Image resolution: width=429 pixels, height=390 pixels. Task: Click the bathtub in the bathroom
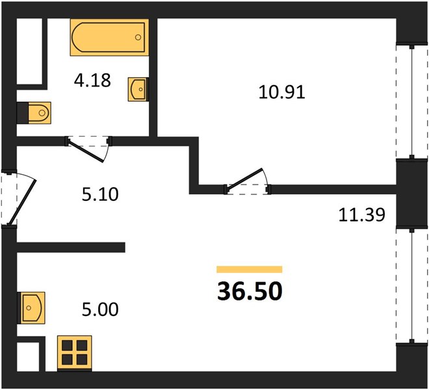[109, 37]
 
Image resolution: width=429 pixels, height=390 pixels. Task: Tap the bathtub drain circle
[138, 37]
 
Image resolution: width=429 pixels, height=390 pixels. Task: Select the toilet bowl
[40, 112]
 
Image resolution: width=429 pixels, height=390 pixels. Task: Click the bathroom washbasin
[138, 89]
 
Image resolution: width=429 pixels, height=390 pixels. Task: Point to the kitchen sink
[31, 308]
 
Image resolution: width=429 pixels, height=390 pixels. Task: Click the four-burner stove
[74, 354]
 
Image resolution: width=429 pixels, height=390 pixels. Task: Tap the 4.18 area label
[92, 80]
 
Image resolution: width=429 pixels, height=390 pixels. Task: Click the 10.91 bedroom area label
[282, 92]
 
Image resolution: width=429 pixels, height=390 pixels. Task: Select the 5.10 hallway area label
[100, 194]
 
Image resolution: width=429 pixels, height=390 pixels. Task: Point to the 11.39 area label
[361, 214]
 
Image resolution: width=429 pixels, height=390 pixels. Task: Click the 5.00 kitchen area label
[100, 309]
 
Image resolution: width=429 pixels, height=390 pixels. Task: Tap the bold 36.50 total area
[250, 291]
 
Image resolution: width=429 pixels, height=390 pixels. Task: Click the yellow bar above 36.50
[249, 269]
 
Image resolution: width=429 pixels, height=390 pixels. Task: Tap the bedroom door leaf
[244, 178]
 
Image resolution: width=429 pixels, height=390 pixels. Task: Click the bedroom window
[411, 101]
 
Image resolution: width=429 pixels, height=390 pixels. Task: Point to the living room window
[411, 285]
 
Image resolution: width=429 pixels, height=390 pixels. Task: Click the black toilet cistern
[23, 112]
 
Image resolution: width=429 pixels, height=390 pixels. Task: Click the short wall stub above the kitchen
[71, 247]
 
